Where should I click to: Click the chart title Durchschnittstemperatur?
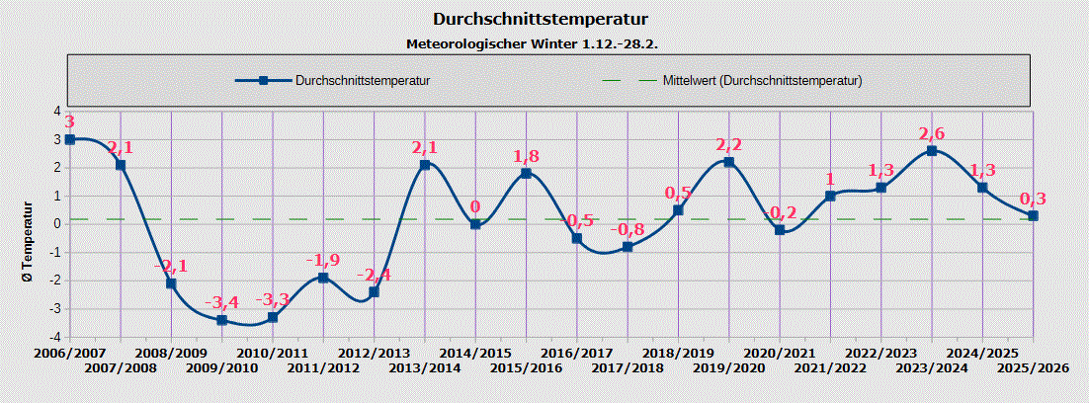[544, 19]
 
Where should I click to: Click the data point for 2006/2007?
[70, 139]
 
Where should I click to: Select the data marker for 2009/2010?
[222, 320]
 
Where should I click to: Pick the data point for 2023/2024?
[932, 151]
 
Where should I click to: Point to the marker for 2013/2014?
[425, 165]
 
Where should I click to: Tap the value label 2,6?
[932, 133]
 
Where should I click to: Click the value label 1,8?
[527, 156]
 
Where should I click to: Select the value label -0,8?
[628, 229]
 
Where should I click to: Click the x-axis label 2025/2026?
[1033, 367]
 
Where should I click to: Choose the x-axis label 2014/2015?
[475, 353]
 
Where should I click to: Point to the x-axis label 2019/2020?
[729, 367]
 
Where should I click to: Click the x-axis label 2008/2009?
[171, 353]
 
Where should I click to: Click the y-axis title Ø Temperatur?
[29, 242]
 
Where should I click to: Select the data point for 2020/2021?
[780, 230]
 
